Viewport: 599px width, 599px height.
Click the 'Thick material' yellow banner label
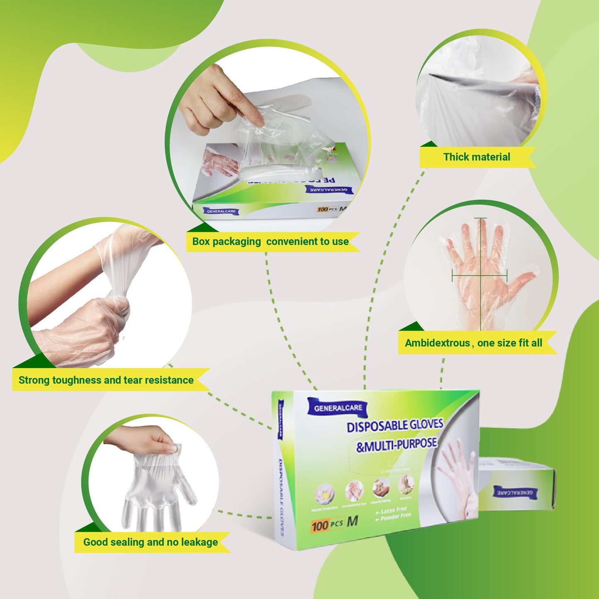tap(477, 157)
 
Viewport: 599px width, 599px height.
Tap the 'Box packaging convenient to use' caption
tap(270, 242)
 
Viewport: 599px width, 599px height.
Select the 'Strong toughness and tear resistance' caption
tap(106, 380)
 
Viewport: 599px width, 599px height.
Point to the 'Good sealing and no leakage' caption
tap(150, 542)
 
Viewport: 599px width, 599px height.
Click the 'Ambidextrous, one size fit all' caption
tap(473, 343)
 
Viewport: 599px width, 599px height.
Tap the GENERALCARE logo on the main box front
tap(338, 408)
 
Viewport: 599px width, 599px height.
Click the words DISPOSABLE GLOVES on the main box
tap(395, 426)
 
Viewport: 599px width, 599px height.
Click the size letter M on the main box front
tap(352, 521)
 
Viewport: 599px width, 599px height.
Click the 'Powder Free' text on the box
tap(395, 517)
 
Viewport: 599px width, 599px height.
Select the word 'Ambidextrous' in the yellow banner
tap(437, 343)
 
